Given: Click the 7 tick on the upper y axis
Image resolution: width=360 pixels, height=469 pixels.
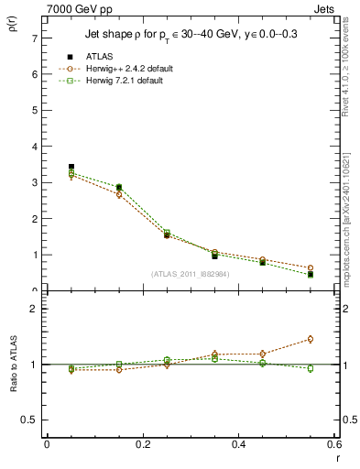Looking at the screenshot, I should [34, 38].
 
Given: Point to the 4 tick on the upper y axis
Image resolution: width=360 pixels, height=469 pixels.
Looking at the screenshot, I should [34, 147].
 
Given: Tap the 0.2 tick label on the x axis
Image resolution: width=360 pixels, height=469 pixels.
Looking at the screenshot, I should [142, 443].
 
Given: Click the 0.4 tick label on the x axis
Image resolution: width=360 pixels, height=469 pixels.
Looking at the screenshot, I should [238, 443].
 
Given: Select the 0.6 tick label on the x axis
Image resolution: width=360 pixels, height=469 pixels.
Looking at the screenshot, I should [333, 443].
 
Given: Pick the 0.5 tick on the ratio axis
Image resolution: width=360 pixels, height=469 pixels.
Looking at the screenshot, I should [29, 420].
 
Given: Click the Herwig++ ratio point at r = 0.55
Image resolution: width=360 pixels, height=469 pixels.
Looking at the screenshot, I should [310, 339].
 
